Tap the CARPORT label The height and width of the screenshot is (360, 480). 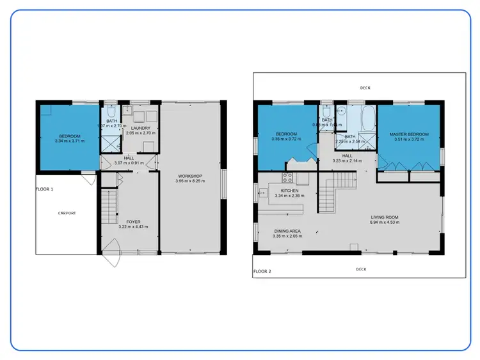coord(67,213)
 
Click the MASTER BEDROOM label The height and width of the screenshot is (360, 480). coord(408,134)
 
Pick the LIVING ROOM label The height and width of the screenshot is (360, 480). coord(385,217)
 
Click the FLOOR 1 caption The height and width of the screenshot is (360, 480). coord(44,189)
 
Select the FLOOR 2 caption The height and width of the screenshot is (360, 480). coord(262,272)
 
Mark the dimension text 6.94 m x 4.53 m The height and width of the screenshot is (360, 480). coord(385,223)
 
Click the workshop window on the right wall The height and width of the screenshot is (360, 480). coord(223,185)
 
